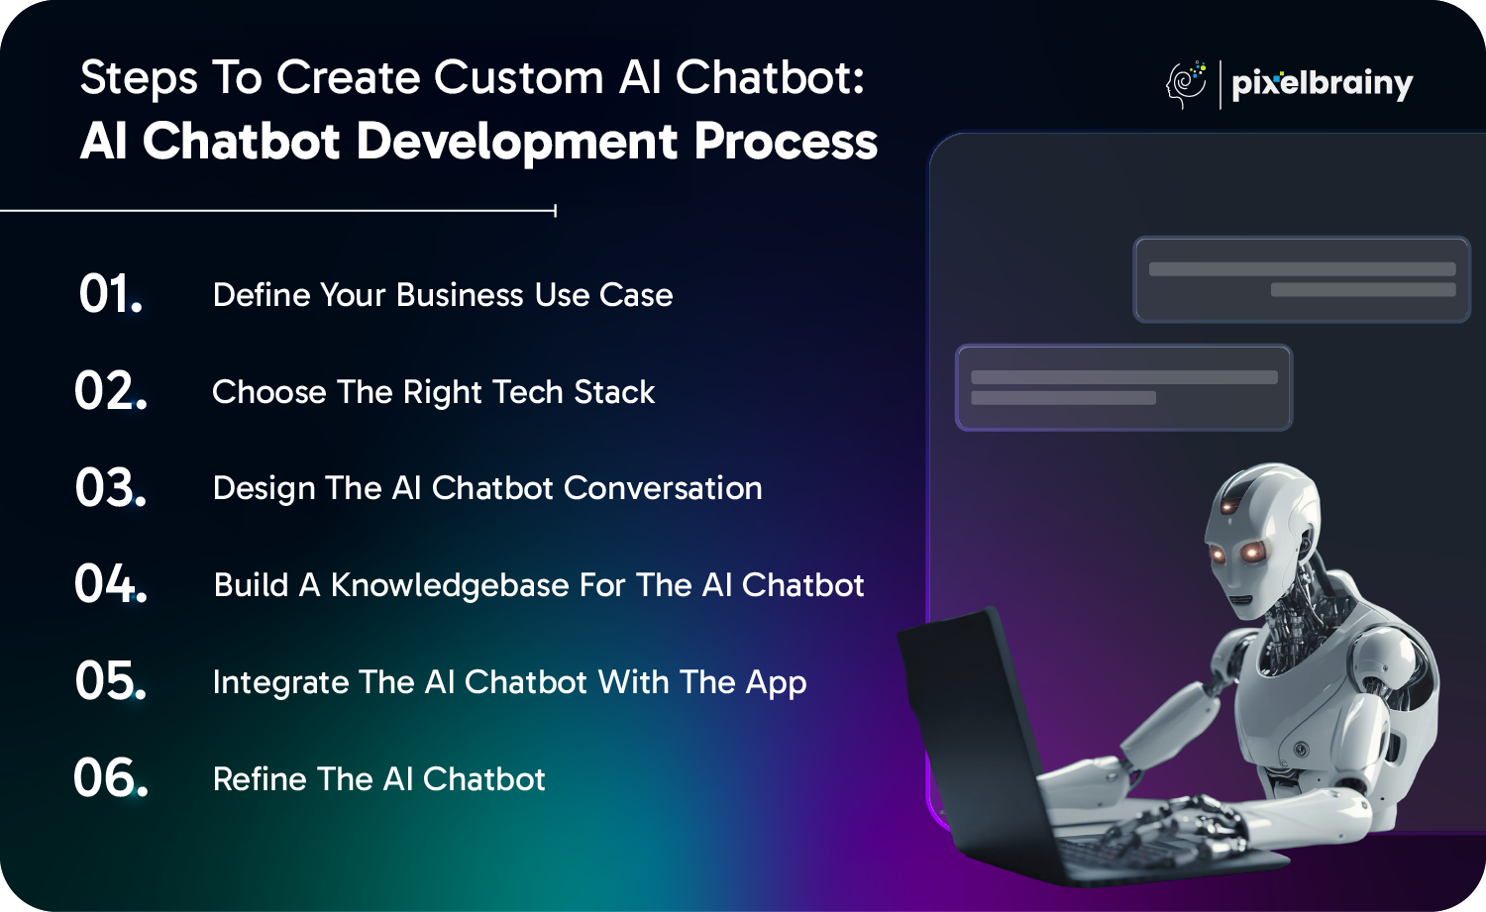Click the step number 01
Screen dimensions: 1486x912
point(110,294)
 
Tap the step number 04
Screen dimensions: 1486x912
point(110,583)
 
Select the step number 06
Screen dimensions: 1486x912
point(110,777)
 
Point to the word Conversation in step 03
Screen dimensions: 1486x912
point(663,488)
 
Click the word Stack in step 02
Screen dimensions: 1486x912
point(614,392)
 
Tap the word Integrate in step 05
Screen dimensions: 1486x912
point(280,683)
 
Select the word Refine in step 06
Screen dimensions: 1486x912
point(260,779)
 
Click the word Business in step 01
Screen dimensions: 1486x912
point(460,295)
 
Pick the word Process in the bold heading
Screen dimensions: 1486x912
point(787,142)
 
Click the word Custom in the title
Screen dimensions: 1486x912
point(519,77)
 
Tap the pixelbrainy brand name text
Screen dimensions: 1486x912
point(1323,84)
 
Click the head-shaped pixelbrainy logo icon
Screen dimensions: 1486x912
point(1186,84)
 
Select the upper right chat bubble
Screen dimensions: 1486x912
point(1302,279)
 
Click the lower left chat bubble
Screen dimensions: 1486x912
point(1123,387)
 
